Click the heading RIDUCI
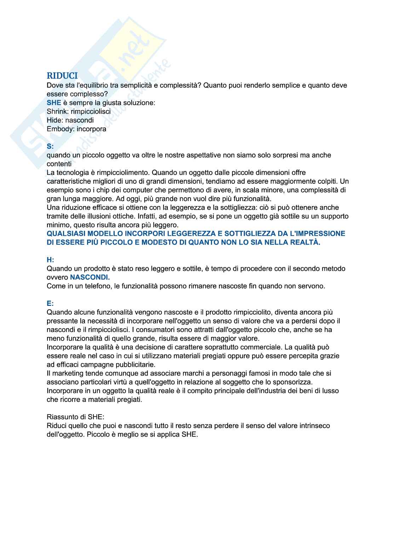62,76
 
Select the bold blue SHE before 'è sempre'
54,103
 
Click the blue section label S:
51,146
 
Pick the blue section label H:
51,260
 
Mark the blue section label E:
50,303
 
